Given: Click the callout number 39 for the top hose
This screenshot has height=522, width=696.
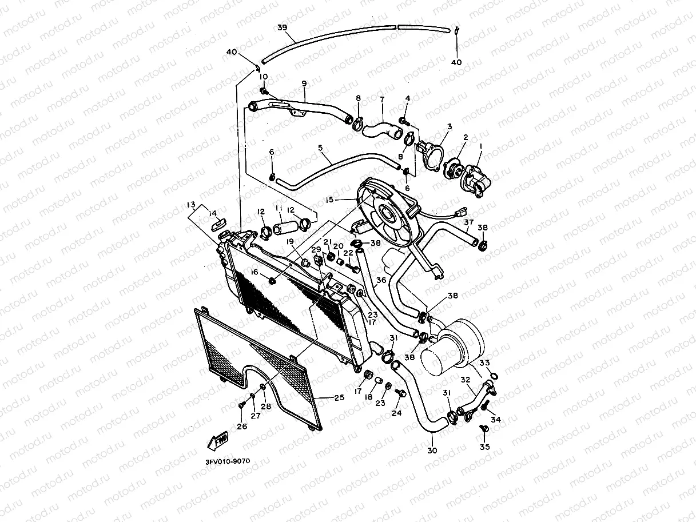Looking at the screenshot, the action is pos(282,28).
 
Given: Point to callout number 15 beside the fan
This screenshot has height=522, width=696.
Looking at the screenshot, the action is pos(329,200).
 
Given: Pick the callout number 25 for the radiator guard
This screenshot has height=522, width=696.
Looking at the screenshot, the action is pos(339,397).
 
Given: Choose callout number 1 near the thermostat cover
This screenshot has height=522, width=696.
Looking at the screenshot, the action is pos(481,146).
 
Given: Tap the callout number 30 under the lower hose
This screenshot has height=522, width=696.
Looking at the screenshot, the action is pos(432,451).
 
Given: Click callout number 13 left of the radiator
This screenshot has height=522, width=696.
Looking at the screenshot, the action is pos(190,204).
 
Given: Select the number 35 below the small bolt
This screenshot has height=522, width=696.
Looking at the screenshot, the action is pos(485,446).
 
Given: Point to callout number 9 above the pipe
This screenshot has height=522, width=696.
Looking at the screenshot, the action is pos(304,83).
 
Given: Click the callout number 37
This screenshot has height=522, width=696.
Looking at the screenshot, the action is pos(469,222).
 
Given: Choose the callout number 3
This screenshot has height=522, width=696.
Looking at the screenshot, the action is pos(450,126).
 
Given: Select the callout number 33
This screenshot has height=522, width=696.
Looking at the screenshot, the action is pos(484,362).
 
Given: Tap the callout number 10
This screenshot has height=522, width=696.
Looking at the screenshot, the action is pos(263,77).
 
